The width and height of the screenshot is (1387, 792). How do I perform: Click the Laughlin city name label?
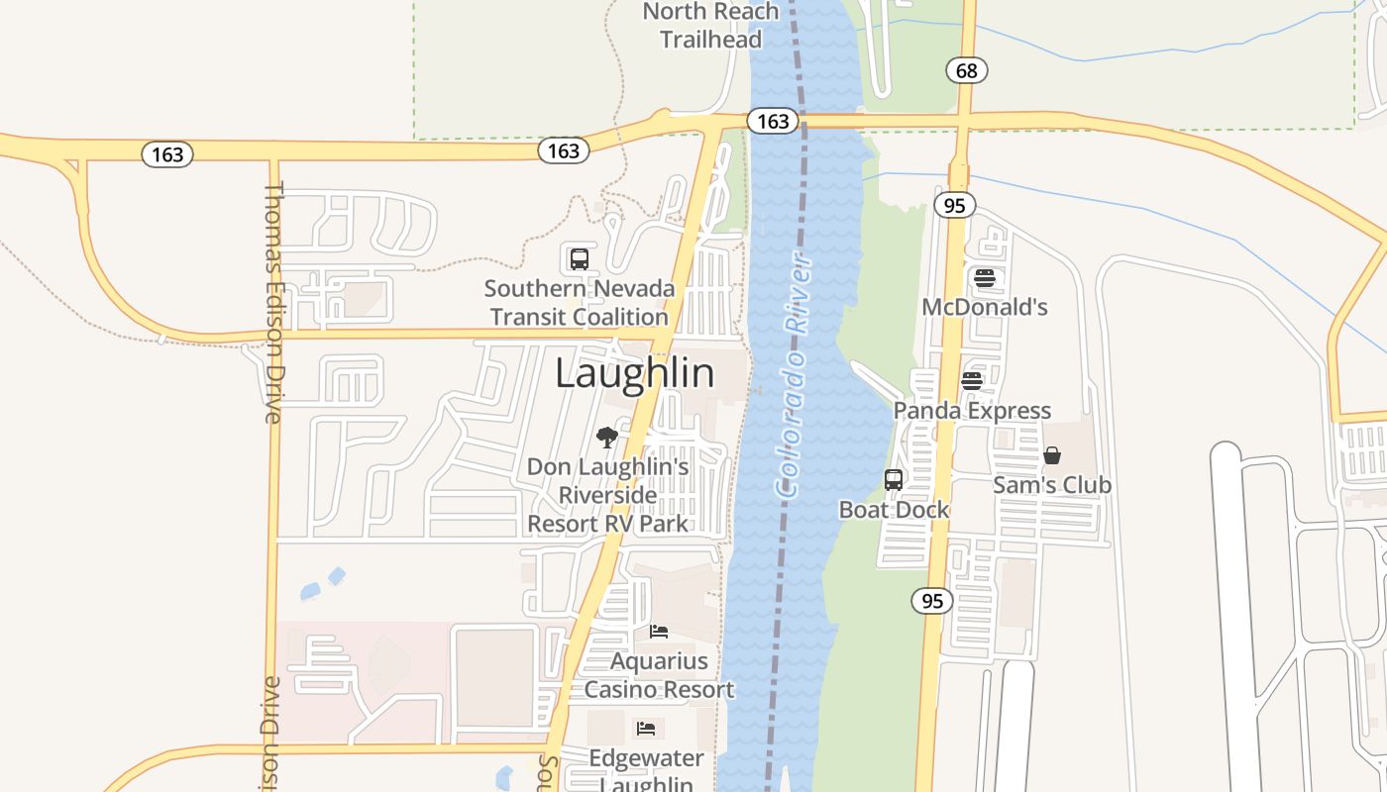point(634,373)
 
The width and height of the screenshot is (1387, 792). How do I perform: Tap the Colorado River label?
point(795,376)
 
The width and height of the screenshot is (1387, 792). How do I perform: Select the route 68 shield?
point(967,70)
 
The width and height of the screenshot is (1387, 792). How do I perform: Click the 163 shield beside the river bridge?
point(772,121)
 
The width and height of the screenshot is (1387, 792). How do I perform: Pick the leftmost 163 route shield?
point(167,154)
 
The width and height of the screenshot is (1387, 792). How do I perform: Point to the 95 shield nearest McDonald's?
point(955,205)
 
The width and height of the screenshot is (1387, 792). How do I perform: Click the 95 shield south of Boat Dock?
point(932,601)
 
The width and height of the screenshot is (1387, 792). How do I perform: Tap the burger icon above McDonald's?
point(984,278)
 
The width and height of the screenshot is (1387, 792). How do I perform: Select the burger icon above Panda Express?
point(972,381)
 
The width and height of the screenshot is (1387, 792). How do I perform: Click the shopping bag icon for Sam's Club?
point(1052,455)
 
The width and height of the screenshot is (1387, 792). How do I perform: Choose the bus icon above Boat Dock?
point(894,480)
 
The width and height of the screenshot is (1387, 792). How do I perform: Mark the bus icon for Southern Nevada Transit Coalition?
point(580,259)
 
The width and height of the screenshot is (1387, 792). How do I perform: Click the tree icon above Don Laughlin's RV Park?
point(607,437)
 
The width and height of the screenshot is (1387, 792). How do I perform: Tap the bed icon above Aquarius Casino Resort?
point(659,631)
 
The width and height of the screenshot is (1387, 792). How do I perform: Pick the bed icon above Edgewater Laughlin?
point(646,729)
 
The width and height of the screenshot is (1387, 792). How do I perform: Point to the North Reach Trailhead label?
point(711,26)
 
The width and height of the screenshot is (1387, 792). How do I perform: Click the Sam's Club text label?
point(1052,485)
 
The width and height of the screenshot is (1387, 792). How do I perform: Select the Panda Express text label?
point(972,411)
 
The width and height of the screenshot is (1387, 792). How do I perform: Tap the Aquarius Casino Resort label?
point(659,675)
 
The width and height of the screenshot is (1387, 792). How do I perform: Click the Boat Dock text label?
point(894,510)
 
